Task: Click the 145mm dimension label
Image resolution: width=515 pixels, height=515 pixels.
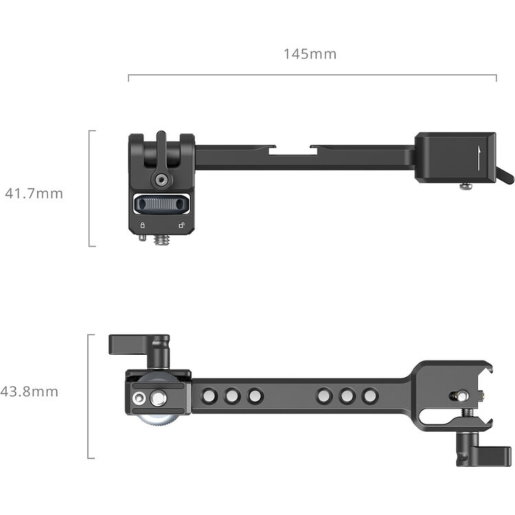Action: click(310, 54)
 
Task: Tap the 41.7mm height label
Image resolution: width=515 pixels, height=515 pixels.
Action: click(34, 194)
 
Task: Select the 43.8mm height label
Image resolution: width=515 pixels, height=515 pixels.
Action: click(29, 391)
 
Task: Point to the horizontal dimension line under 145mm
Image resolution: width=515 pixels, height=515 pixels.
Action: click(312, 75)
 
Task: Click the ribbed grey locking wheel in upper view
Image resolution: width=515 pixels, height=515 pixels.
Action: click(161, 204)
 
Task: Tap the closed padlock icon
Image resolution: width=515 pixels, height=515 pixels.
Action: click(142, 225)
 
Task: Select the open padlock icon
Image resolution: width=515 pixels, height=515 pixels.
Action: click(181, 225)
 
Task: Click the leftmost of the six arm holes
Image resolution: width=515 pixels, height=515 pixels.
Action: click(209, 395)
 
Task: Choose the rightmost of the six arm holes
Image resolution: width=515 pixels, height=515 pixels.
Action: click(370, 395)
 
